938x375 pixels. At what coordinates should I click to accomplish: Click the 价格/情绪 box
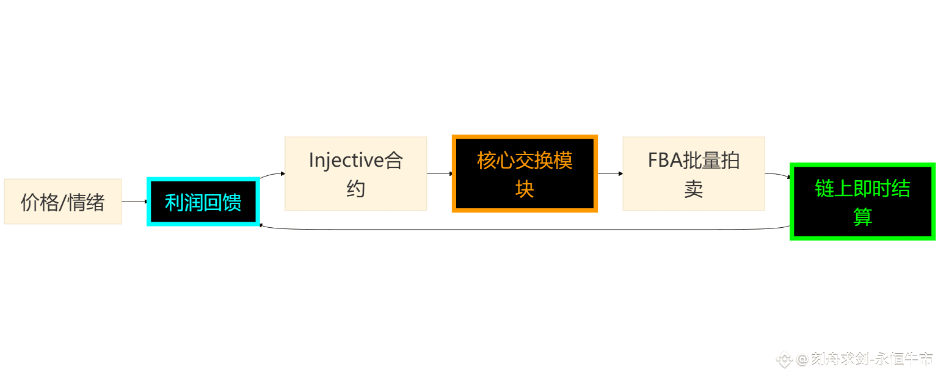tap(63, 202)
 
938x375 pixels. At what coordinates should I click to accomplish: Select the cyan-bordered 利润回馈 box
tap(203, 202)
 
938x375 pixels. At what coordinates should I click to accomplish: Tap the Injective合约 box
tap(356, 173)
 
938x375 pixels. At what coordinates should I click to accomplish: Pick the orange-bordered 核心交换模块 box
tap(525, 173)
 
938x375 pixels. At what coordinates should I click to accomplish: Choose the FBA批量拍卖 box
tap(694, 173)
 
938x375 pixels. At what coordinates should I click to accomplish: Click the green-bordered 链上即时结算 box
tap(862, 202)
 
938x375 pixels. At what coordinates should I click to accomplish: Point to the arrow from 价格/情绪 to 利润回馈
tap(134, 202)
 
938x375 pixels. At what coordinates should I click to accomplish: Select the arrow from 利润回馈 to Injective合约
tap(272, 175)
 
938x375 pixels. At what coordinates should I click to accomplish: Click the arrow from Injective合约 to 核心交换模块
tap(440, 173)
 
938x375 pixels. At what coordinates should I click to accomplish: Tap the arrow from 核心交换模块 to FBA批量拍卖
tap(610, 173)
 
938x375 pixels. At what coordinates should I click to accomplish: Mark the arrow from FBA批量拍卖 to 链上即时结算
tap(778, 175)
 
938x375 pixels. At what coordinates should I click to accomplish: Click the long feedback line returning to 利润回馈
tap(525, 230)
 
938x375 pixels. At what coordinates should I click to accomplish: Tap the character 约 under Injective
tap(356, 189)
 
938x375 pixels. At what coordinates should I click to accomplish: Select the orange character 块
tap(525, 189)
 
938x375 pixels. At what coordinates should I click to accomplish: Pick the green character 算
tap(862, 217)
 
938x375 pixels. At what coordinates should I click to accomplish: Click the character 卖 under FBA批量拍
tap(694, 189)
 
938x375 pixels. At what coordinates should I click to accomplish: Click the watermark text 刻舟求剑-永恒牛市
tap(873, 359)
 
